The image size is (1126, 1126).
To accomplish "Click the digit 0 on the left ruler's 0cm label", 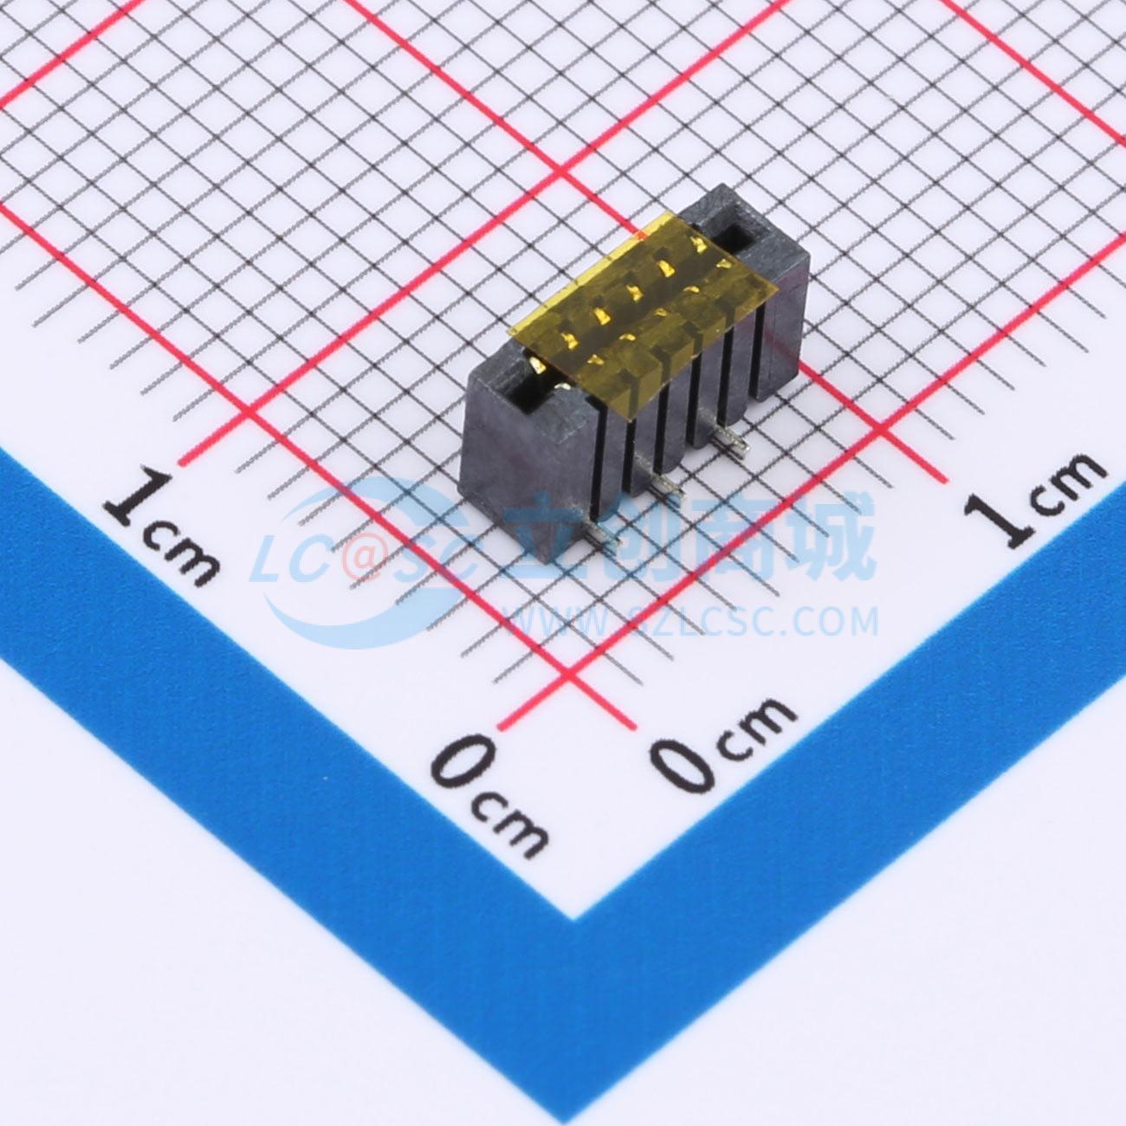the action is pos(461,761).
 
